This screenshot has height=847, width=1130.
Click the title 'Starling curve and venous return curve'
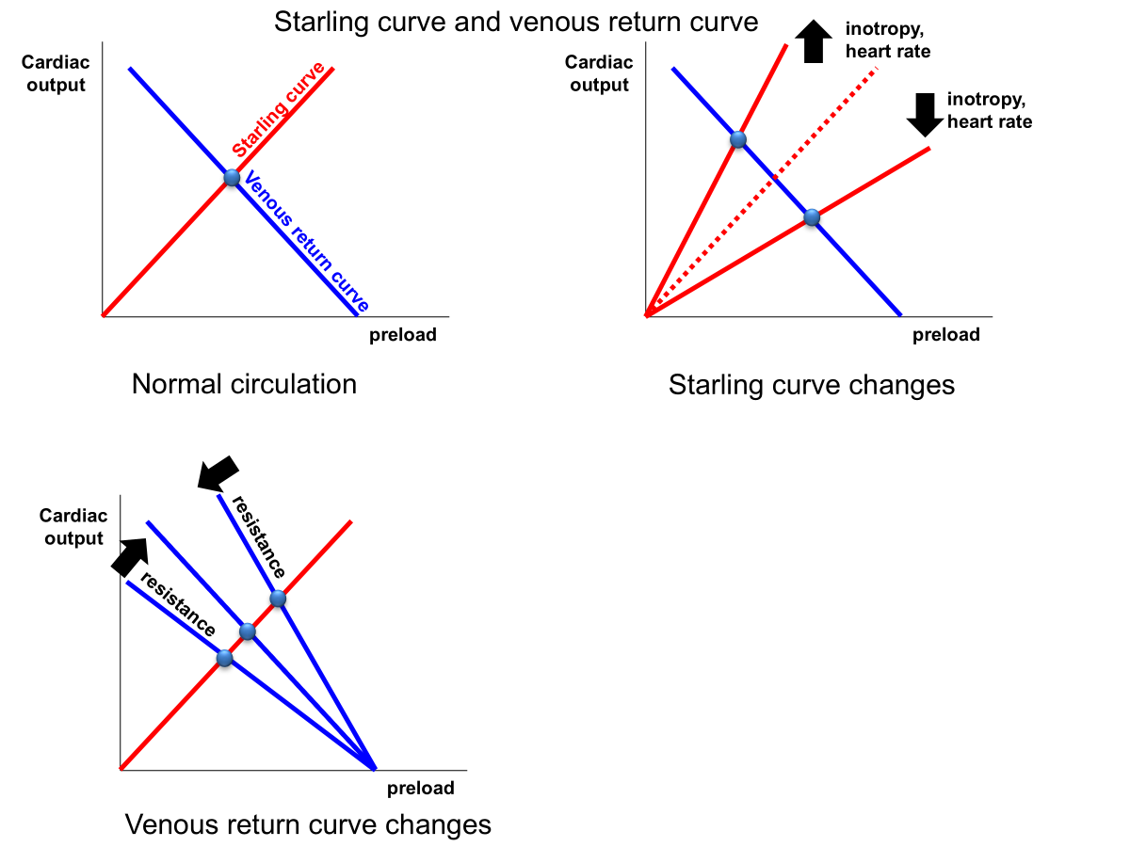click(x=516, y=21)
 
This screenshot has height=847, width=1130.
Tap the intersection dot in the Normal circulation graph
click(x=233, y=177)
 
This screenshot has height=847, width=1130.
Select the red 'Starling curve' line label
click(x=279, y=109)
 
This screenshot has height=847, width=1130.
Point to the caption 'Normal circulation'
click(x=244, y=384)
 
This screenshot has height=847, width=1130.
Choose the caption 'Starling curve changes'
click(x=811, y=385)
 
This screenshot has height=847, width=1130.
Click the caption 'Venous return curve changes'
click(x=308, y=825)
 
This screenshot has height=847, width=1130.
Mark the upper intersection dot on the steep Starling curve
click(x=738, y=140)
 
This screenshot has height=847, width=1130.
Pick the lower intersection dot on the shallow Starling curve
click(x=812, y=218)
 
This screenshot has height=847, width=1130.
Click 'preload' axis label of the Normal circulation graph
click(x=402, y=335)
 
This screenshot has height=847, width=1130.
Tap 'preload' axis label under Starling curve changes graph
click(x=945, y=335)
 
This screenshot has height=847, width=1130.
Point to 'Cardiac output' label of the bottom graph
click(x=73, y=527)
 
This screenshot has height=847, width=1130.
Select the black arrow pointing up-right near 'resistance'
click(x=131, y=555)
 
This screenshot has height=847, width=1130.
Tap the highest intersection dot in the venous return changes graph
click(x=277, y=599)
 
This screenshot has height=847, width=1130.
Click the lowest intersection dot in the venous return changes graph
click(x=224, y=659)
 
